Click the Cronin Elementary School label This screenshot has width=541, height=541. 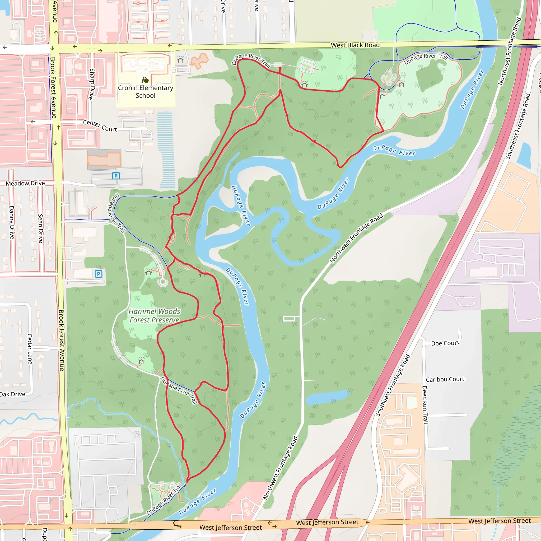pyautogui.click(x=145, y=92)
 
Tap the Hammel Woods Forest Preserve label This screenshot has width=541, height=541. pyautogui.click(x=154, y=316)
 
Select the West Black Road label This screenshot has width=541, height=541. pyautogui.click(x=355, y=45)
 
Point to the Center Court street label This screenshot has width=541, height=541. pyautogui.click(x=100, y=126)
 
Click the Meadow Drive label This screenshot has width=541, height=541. pyautogui.click(x=25, y=183)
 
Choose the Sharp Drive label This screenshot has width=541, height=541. pyautogui.click(x=91, y=84)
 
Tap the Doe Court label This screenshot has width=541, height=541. pyautogui.click(x=445, y=343)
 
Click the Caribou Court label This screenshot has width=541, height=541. pyautogui.click(x=445, y=379)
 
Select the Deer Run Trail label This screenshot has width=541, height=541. pyautogui.click(x=425, y=404)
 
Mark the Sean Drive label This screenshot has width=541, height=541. pyautogui.click(x=41, y=228)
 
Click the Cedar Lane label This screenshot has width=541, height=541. pyautogui.click(x=30, y=349)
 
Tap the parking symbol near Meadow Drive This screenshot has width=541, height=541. pyautogui.click(x=116, y=176)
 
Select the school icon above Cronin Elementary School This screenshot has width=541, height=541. pyautogui.click(x=145, y=80)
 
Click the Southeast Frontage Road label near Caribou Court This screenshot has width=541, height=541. pyautogui.click(x=393, y=385)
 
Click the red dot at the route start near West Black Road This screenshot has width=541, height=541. pyautogui.click(x=280, y=68)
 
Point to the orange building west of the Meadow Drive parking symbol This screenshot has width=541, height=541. pyautogui.click(x=104, y=160)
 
